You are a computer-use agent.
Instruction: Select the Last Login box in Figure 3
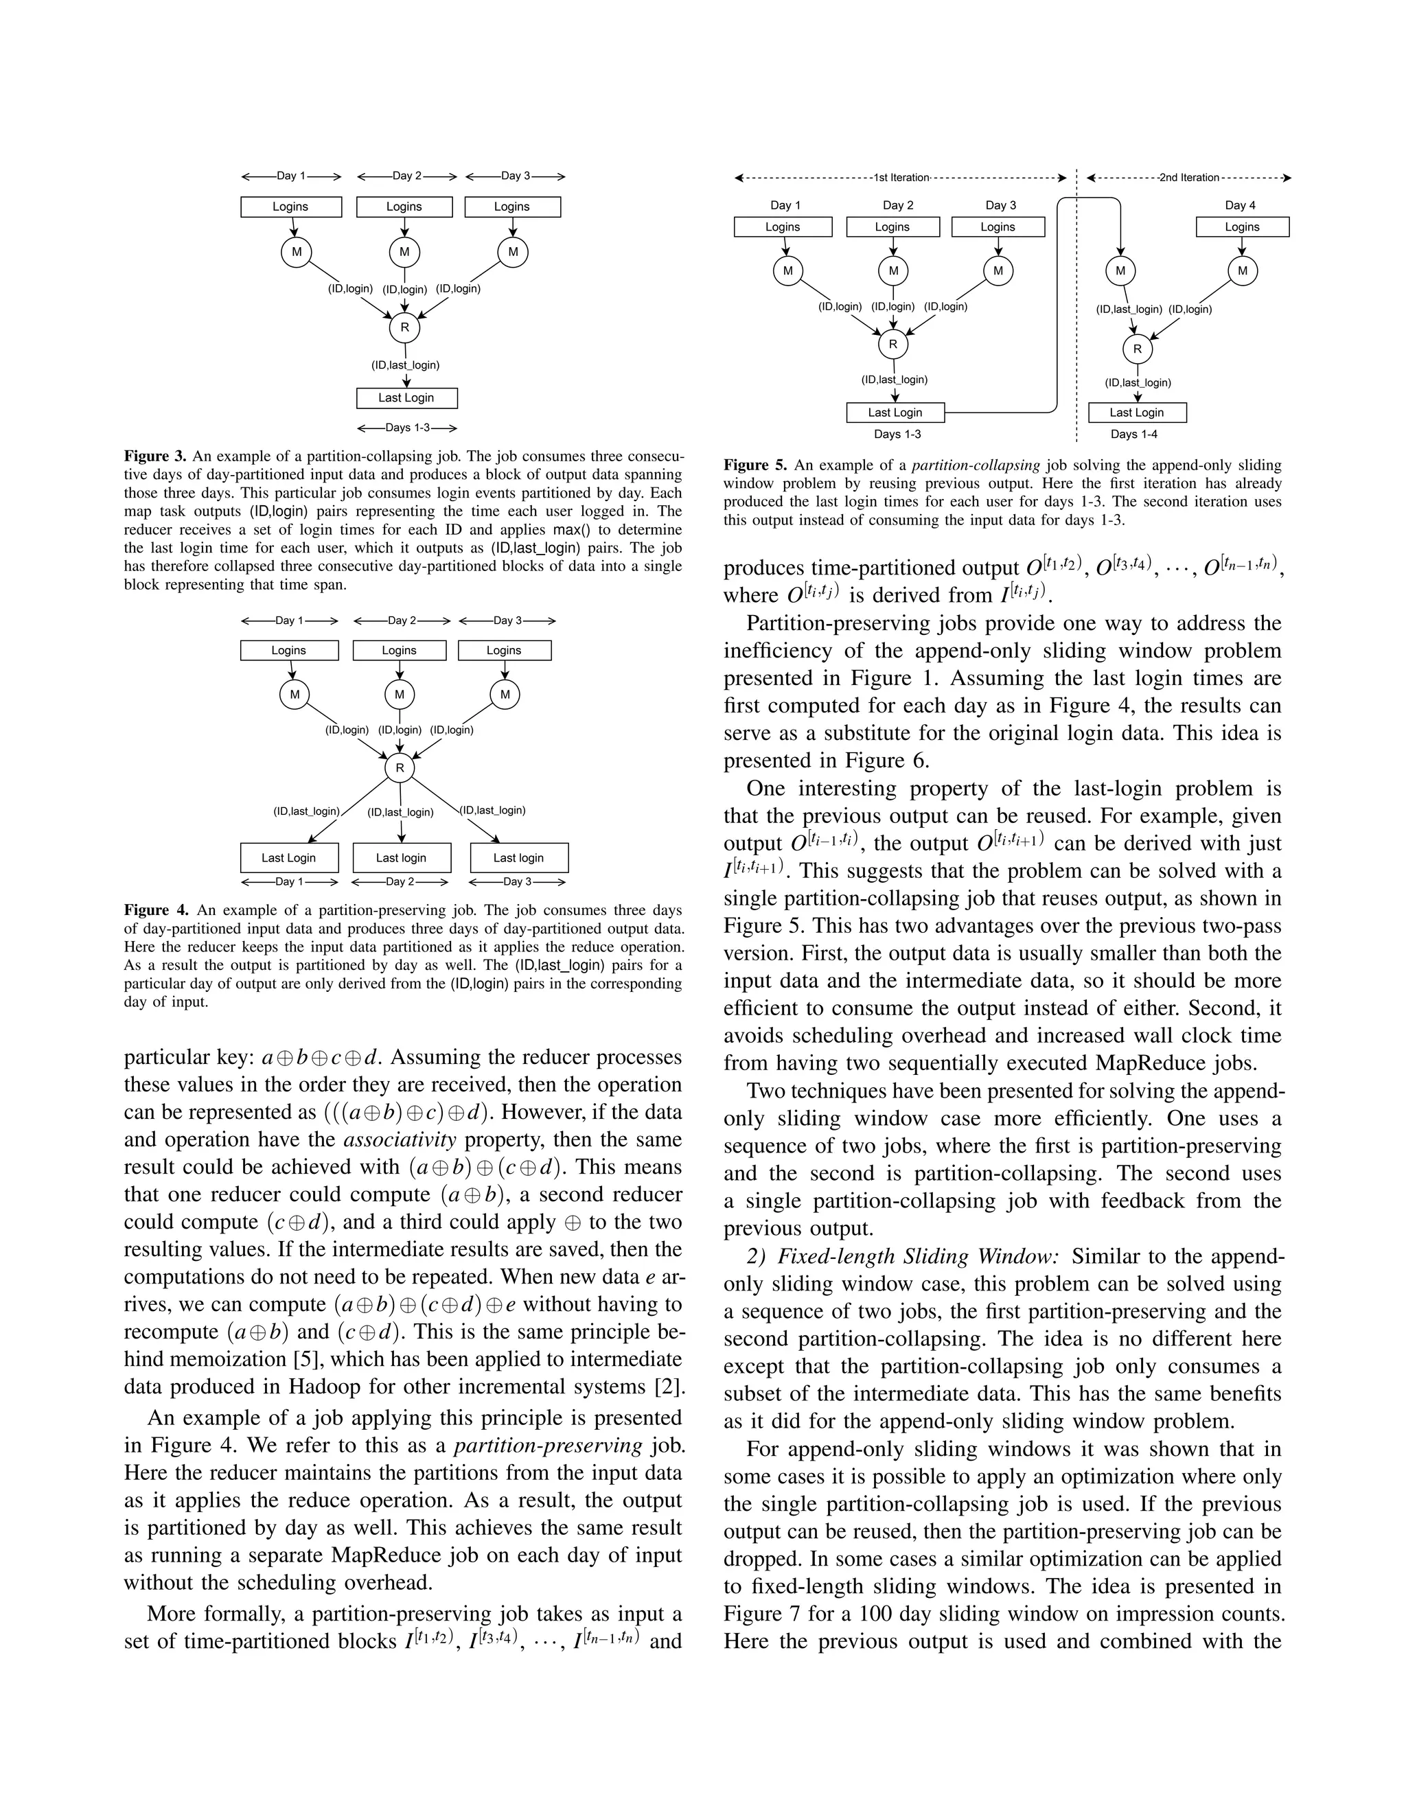click(x=406, y=398)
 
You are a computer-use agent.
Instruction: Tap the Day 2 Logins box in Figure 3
click(x=404, y=207)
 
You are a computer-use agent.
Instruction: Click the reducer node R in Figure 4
click(x=400, y=768)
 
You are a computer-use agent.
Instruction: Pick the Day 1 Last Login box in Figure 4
click(x=288, y=858)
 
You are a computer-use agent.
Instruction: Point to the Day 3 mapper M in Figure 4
click(x=505, y=695)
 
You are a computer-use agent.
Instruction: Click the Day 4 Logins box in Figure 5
click(x=1242, y=227)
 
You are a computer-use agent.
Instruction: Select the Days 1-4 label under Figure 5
click(x=1133, y=434)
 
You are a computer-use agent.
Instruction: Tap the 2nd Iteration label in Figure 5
click(x=1188, y=177)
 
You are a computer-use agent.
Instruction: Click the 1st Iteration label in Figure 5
click(x=901, y=177)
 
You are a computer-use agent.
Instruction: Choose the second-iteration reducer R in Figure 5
click(x=1137, y=349)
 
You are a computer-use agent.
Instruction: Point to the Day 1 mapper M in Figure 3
click(x=296, y=251)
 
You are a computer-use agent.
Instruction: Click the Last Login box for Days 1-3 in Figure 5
click(x=895, y=413)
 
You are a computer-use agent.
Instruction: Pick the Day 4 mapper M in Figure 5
click(x=1242, y=270)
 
